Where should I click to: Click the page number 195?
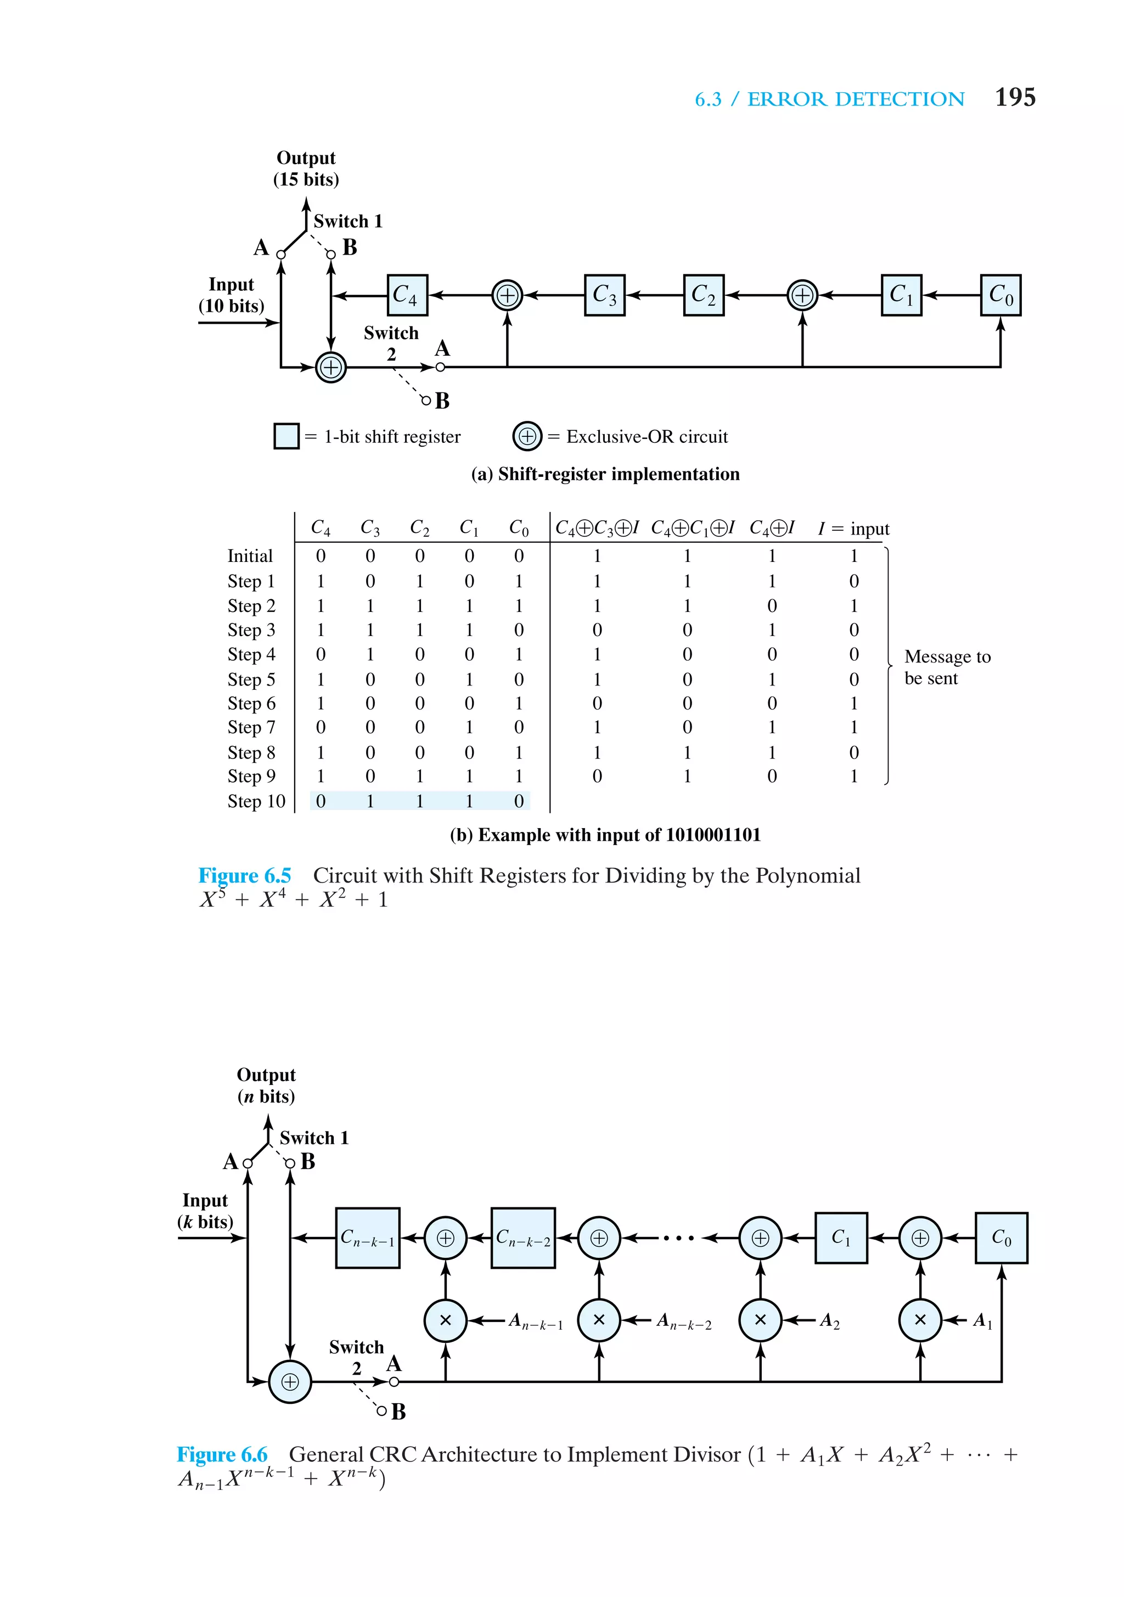pos(1014,97)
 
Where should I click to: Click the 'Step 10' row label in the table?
pos(256,801)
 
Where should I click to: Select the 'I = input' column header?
pos(853,528)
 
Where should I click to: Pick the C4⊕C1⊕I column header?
pos(692,528)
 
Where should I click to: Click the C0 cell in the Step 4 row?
pos(519,655)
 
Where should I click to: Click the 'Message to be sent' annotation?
pos(946,667)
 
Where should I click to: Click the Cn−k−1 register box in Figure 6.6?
pos(367,1238)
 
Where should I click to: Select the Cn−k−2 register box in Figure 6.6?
pos(523,1238)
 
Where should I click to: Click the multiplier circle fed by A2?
pos(760,1319)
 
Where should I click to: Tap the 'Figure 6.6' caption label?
pos(222,1454)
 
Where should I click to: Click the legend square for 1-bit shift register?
pos(286,436)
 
